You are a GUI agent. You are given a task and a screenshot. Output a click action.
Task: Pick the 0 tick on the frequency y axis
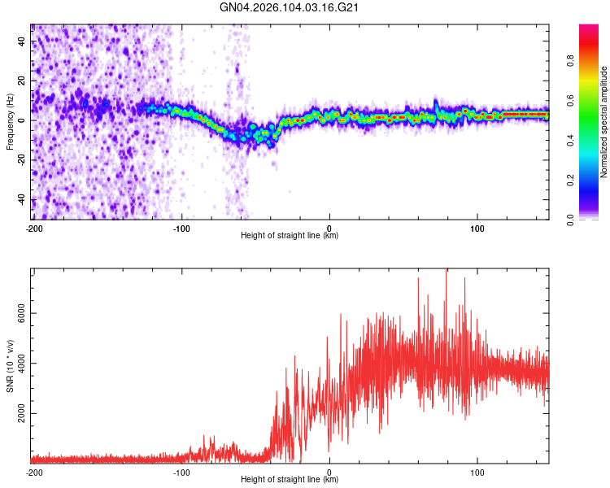coord(22,120)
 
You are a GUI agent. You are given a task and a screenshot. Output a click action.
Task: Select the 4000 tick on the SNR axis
coord(22,364)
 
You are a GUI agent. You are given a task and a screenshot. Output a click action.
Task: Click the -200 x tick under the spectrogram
coord(33,228)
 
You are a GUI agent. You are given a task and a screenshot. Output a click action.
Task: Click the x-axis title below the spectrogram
coord(290,236)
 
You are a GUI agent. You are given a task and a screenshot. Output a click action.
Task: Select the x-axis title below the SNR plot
coord(290,480)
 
